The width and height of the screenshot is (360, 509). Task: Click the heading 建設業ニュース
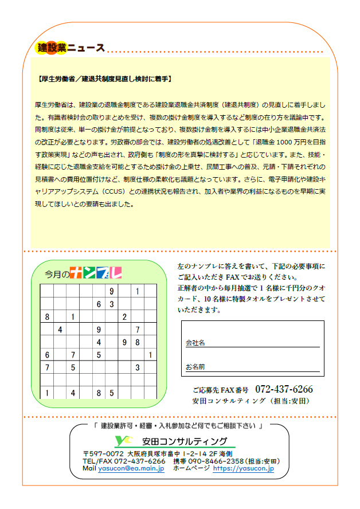pyautogui.click(x=70, y=48)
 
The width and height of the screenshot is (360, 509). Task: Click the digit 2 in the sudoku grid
pyautogui.click(x=124, y=316)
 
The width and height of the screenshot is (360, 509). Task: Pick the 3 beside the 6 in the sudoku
pyautogui.click(x=112, y=304)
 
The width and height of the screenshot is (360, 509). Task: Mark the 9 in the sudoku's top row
pyautogui.click(x=112, y=291)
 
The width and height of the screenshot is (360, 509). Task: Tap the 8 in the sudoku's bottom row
pyautogui.click(x=99, y=393)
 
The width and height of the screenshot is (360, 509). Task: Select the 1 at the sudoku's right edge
pyautogui.click(x=150, y=355)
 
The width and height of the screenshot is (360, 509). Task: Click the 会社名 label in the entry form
pyautogui.click(x=195, y=343)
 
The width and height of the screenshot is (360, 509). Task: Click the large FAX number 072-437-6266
pyautogui.click(x=284, y=389)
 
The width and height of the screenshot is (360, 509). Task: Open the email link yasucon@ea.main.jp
pyautogui.click(x=131, y=468)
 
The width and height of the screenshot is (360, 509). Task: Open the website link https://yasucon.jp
pyautogui.click(x=244, y=468)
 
